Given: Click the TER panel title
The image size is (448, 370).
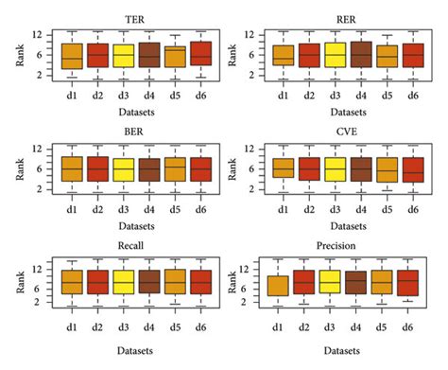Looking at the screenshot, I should click(x=122, y=19).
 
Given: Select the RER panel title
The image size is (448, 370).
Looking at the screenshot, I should click(x=337, y=19).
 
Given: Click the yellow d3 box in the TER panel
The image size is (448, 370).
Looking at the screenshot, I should click(x=123, y=56).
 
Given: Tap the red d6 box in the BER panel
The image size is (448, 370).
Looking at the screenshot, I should click(x=200, y=168).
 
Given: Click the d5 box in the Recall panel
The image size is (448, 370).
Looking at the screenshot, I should click(x=174, y=282).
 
